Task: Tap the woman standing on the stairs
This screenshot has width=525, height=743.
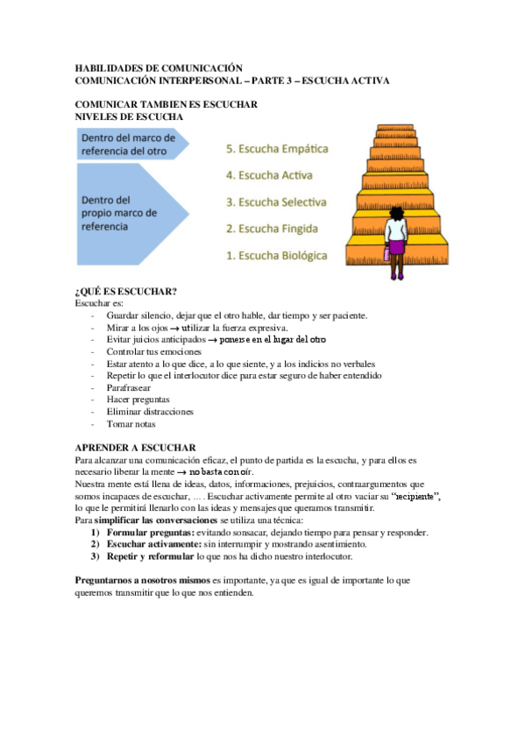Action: click(395, 241)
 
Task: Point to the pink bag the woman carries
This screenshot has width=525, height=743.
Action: click(385, 256)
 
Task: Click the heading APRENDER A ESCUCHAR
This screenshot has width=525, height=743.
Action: click(135, 447)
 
